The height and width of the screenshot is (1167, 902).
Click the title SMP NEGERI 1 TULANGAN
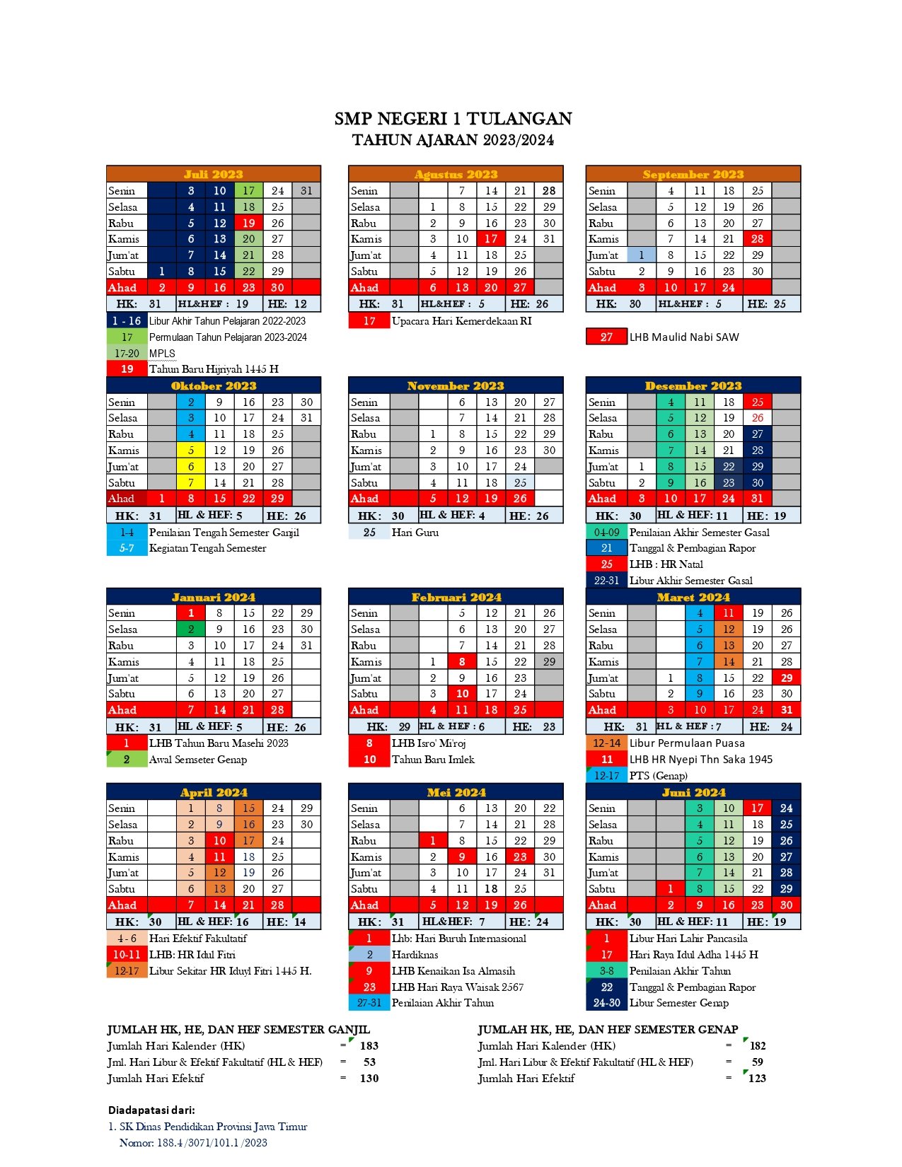(453, 119)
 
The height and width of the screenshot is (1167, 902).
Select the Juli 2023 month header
(213, 174)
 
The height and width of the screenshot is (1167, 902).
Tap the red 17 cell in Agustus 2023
(491, 239)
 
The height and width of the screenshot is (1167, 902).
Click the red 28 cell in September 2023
(757, 239)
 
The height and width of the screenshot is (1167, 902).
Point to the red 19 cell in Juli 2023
(248, 223)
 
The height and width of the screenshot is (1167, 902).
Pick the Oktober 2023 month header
(213, 385)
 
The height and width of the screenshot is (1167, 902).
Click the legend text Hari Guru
(415, 533)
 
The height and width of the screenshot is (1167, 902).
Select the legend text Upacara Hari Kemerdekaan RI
(461, 321)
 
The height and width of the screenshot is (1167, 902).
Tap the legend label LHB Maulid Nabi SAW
(684, 337)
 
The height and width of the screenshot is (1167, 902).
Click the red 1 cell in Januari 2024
(190, 613)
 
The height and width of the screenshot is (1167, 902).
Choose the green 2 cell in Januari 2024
(190, 629)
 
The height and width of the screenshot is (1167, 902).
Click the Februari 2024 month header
(456, 597)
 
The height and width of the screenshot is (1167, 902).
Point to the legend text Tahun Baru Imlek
(433, 760)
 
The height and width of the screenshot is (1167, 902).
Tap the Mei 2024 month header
(456, 792)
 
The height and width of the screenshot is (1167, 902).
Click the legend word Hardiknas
(415, 955)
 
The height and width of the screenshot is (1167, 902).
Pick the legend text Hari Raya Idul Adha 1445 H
(693, 955)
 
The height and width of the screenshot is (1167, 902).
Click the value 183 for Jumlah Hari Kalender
(369, 1046)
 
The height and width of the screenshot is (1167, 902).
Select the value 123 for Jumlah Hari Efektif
(757, 1079)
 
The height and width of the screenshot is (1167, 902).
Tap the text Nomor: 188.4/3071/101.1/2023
(193, 1143)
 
